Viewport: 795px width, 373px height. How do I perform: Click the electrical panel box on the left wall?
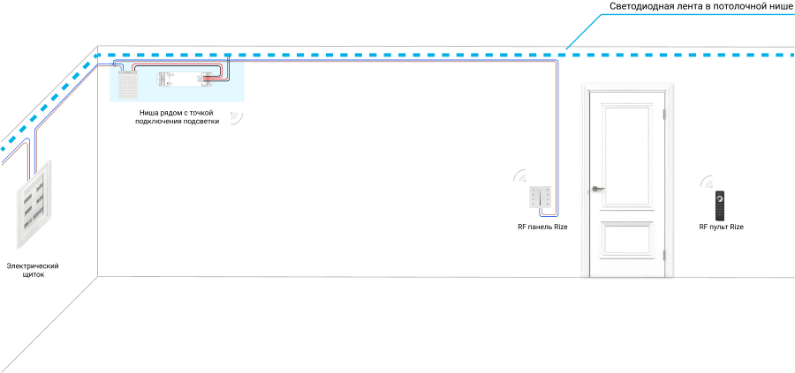34,204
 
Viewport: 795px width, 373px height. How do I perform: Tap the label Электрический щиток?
33,271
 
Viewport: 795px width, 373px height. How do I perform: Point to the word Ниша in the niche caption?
148,113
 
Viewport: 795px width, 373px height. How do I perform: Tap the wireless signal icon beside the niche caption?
236,118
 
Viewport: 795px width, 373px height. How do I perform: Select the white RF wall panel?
541,198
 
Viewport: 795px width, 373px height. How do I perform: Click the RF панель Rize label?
542,228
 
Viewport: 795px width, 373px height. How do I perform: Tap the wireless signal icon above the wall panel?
519,175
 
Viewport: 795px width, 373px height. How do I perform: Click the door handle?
598,189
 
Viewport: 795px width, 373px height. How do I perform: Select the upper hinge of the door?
664,115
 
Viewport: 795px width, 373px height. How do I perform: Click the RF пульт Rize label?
721,228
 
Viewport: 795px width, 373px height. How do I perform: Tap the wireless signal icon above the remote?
707,183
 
